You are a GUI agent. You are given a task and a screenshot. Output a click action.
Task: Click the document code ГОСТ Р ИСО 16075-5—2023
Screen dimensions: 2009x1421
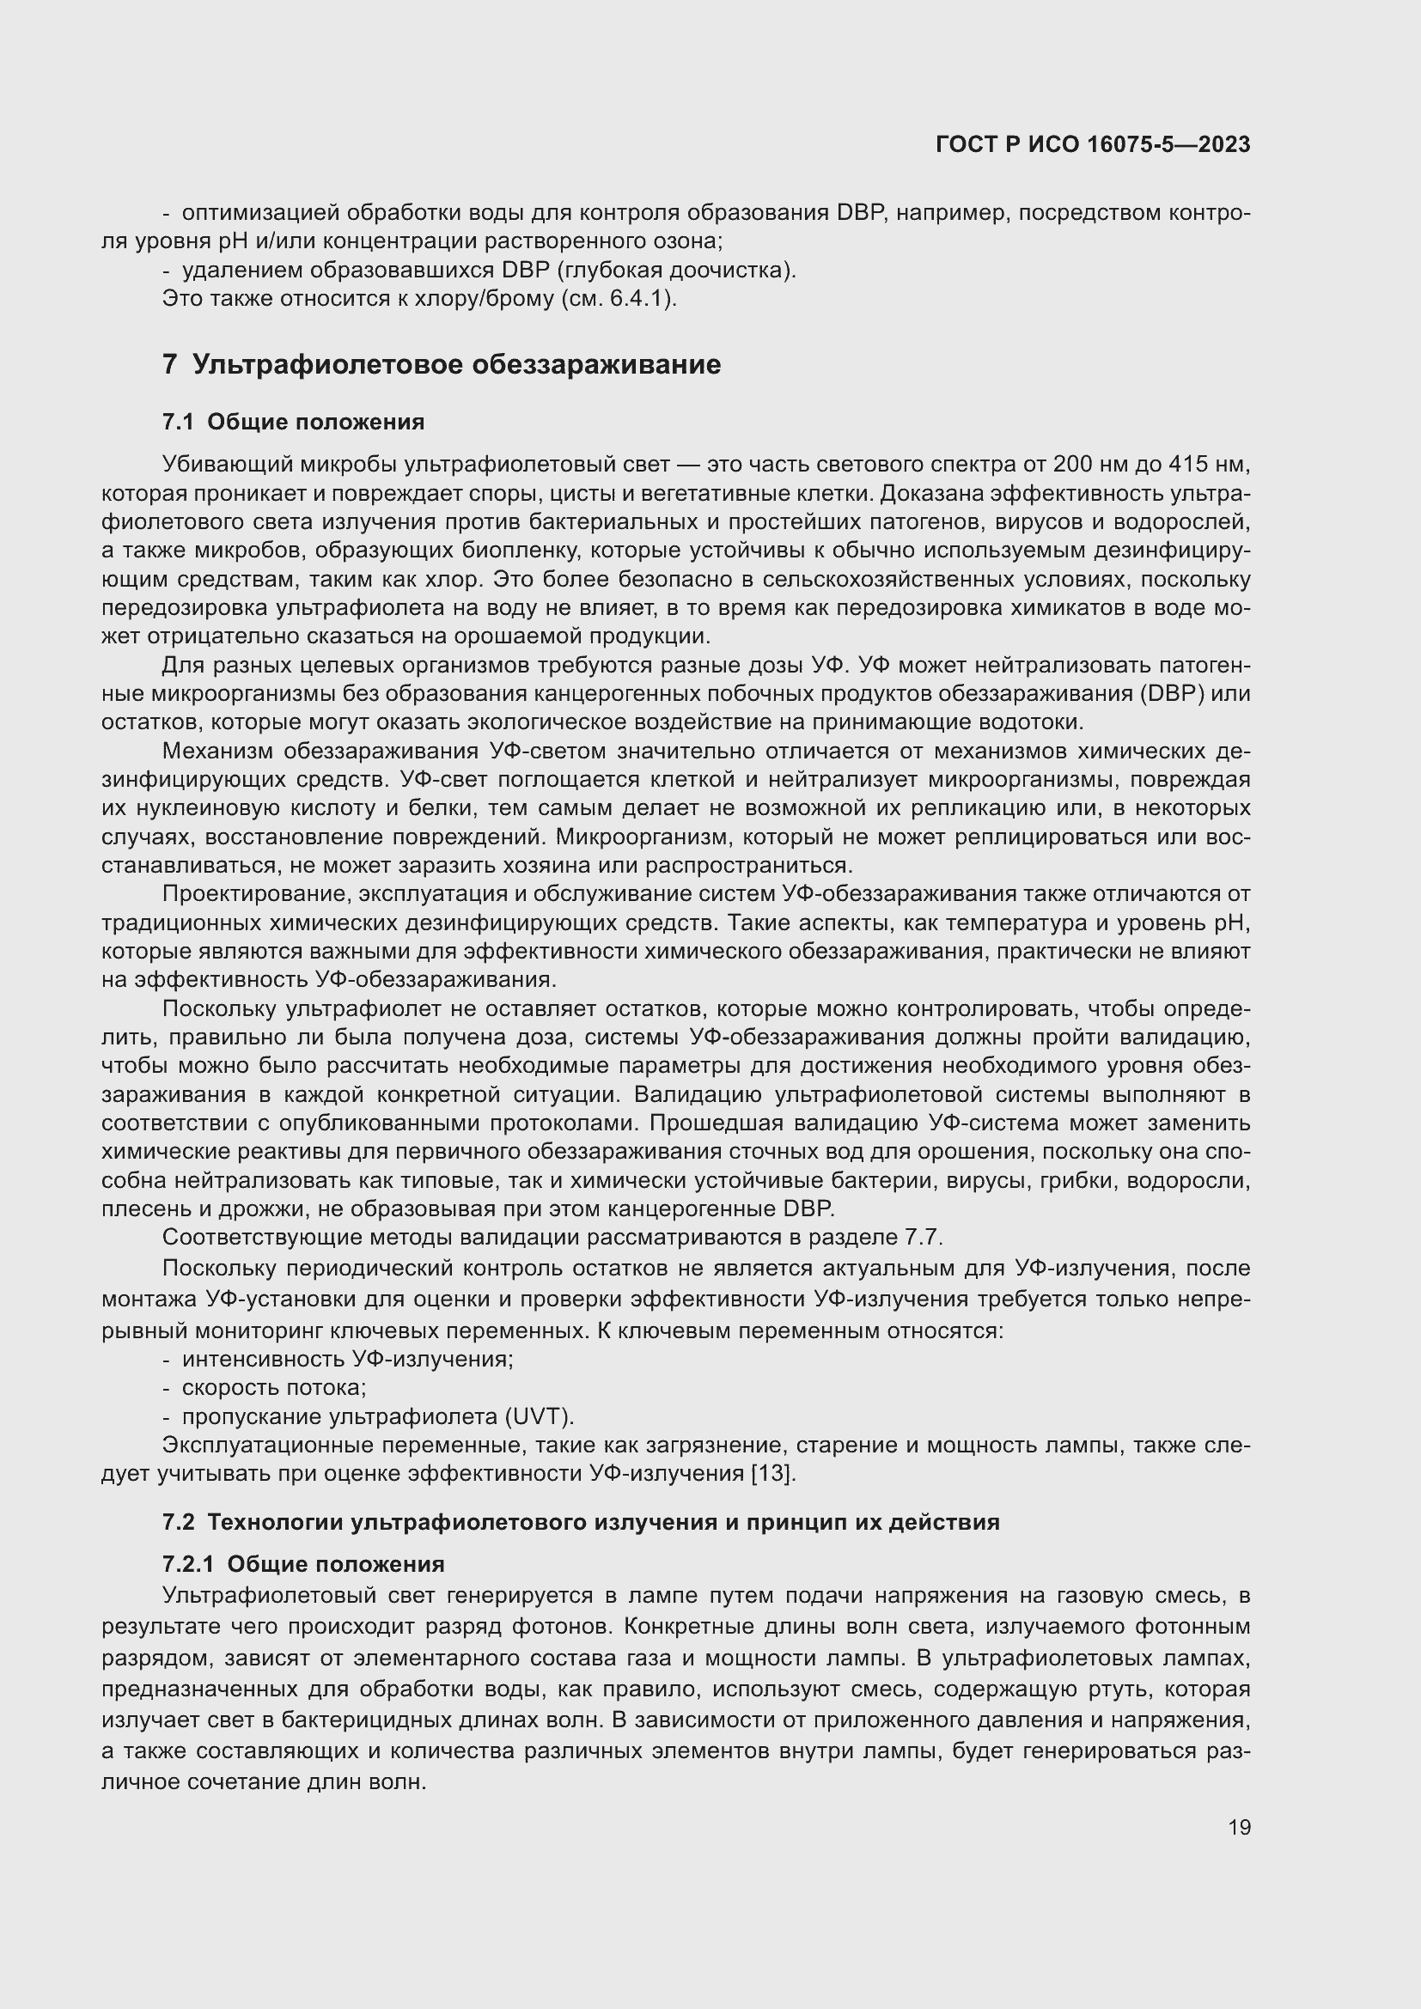click(1092, 144)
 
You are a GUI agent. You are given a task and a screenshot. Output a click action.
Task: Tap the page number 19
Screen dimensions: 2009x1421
click(1239, 1827)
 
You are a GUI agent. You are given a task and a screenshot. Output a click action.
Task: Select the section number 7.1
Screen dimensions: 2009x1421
click(178, 422)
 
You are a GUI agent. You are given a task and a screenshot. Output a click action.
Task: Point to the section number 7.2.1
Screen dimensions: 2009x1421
click(188, 1563)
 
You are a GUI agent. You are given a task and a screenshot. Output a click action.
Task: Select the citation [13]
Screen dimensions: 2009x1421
click(773, 1474)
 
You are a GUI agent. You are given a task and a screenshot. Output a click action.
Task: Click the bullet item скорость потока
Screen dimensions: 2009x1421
click(273, 1387)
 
